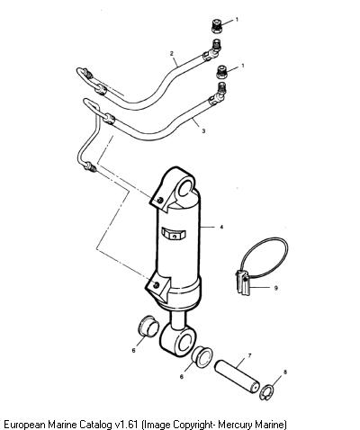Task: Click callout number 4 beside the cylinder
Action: (221, 228)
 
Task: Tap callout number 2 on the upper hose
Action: (172, 54)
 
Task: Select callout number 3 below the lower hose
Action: (203, 131)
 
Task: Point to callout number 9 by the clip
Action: (275, 288)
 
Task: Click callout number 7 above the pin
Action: (249, 356)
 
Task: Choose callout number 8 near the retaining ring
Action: (285, 372)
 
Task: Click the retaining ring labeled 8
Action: (265, 393)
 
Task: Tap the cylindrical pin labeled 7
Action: (237, 376)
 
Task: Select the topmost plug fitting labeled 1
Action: (216, 26)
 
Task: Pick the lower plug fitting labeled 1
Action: (221, 72)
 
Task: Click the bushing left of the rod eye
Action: (148, 326)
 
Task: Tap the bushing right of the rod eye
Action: (202, 356)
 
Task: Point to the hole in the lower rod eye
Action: (185, 342)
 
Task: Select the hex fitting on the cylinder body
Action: (174, 234)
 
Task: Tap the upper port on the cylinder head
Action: (160, 200)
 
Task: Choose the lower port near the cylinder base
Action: (156, 285)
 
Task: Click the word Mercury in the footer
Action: (235, 425)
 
